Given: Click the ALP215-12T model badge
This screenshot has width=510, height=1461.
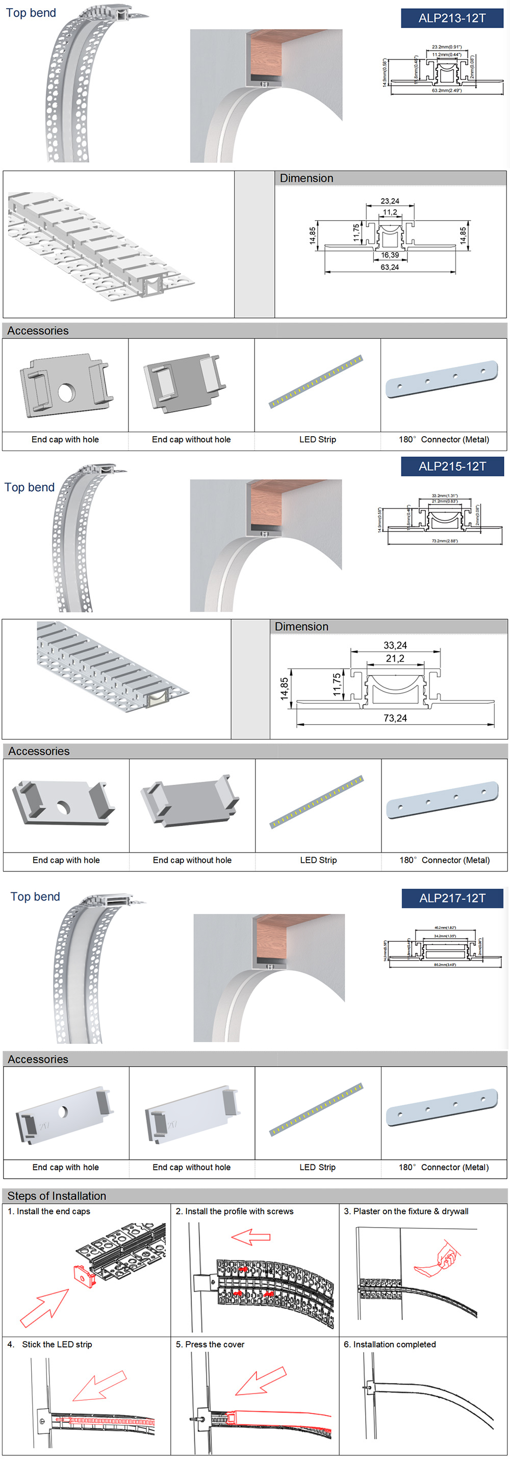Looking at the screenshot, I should [452, 466].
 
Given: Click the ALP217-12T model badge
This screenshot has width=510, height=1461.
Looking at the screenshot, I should [452, 898].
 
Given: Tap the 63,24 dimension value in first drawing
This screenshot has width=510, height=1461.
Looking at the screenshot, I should [389, 267].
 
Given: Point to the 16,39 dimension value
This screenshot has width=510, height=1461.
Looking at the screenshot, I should [390, 255].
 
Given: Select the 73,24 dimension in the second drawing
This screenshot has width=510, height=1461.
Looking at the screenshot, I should [395, 718].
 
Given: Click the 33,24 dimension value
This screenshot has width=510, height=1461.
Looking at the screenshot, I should [395, 646].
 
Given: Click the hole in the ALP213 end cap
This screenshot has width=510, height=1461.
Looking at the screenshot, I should [66, 392].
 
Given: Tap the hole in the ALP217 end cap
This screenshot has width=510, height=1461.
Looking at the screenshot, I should [62, 1111].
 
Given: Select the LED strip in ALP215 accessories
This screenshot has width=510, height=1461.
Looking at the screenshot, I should [317, 802].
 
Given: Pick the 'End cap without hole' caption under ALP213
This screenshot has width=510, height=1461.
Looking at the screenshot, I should [191, 440].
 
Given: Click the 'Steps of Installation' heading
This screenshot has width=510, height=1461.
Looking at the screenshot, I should [57, 1196].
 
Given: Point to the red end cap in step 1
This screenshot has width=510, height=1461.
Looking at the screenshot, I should [85, 1276].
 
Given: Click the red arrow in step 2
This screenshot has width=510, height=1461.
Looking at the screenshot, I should [250, 1237].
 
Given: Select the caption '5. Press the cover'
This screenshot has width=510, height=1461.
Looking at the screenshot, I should [210, 1344].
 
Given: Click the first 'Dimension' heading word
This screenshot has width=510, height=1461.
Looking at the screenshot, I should [307, 178].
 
